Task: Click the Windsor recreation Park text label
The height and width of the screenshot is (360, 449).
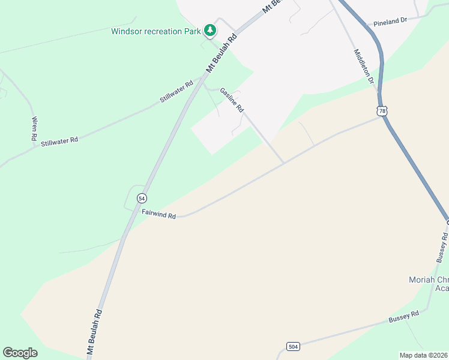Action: (155, 31)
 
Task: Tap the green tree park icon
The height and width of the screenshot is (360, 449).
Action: (209, 29)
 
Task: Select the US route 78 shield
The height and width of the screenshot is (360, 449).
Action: (382, 111)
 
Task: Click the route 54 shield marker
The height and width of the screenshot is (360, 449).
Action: (141, 198)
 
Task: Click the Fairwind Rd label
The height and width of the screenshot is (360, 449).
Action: (158, 214)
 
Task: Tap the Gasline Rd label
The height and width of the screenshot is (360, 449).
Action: (232, 100)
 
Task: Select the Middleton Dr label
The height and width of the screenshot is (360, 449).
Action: (364, 66)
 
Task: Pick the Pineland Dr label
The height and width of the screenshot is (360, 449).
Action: (390, 21)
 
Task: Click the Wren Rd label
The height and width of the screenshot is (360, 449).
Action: (34, 128)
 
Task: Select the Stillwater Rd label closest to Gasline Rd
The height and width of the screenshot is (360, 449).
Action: (176, 91)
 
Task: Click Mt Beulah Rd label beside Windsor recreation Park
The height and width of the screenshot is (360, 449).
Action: (222, 53)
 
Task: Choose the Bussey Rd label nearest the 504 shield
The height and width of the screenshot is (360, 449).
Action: (403, 315)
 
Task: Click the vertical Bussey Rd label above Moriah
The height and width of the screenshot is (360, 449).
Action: (442, 247)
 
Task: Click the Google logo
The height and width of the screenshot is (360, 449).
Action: (20, 353)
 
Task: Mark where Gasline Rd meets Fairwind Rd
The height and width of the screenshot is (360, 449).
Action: (283, 163)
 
